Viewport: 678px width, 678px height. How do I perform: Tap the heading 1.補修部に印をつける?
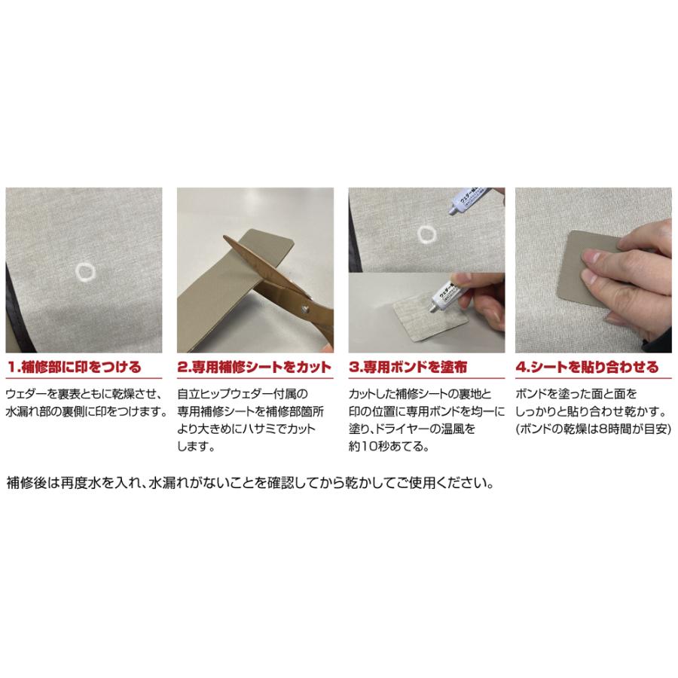point(74,368)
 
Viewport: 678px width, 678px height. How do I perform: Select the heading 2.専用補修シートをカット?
point(254,368)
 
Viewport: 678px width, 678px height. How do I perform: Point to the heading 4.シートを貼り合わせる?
point(588,368)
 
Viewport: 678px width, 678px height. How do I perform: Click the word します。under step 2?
point(197,447)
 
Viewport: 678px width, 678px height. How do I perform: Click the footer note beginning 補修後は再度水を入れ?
point(252,483)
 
